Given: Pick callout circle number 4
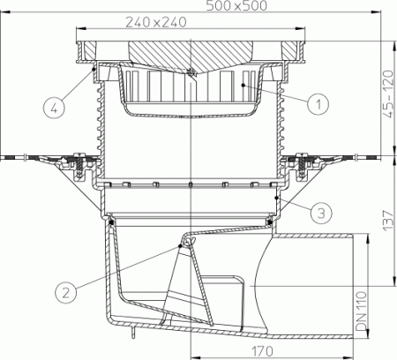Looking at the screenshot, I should click(55, 109).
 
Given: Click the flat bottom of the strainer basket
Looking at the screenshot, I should click(191, 114).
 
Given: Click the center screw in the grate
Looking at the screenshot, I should click(191, 71).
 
